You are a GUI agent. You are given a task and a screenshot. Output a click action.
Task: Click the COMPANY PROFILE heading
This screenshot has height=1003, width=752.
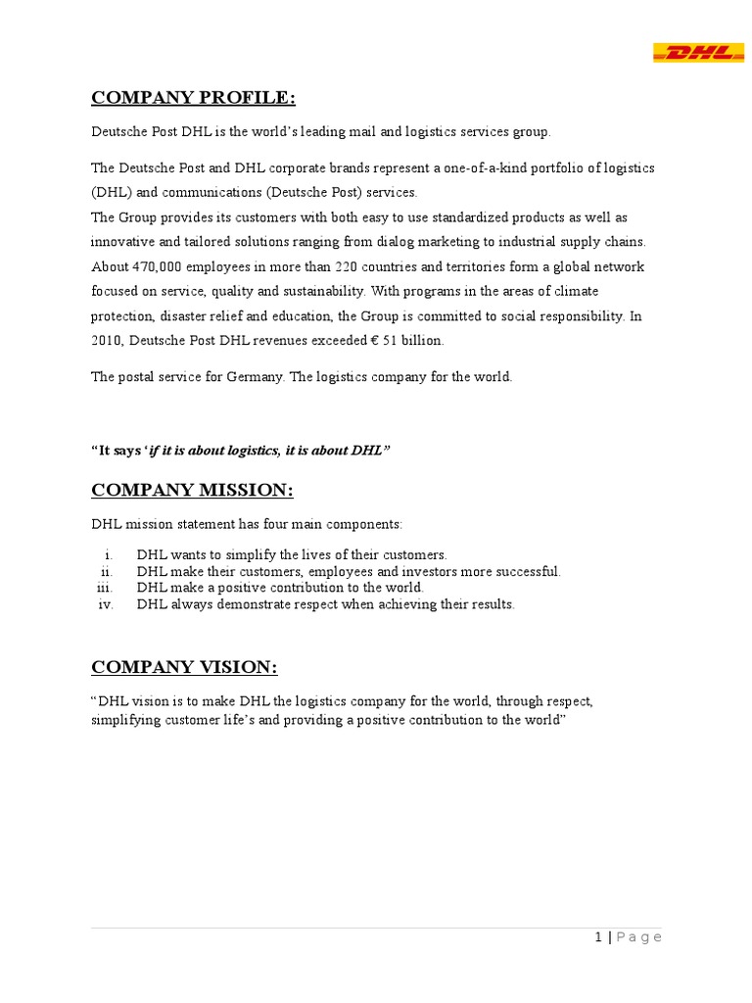pos(193,97)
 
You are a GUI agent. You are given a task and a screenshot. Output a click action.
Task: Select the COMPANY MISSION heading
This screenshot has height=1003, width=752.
pos(192,490)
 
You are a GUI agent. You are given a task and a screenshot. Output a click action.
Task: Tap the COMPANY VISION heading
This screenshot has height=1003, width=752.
pos(184,667)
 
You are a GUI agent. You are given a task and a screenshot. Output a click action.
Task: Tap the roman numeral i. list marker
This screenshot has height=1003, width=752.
pos(110,554)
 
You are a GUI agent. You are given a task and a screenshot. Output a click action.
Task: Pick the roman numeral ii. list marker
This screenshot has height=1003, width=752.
pos(108,571)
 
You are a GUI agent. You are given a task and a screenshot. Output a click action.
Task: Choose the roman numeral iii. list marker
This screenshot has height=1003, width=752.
pos(106,588)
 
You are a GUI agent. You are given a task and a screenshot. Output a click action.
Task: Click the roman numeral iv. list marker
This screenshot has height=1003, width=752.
pos(107,604)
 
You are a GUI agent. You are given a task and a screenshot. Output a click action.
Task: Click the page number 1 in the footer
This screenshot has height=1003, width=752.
pos(598,937)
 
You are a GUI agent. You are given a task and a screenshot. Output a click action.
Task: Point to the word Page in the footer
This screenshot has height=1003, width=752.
pos(639,937)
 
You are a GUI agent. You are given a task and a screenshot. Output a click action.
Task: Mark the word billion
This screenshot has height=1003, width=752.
pos(423,341)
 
